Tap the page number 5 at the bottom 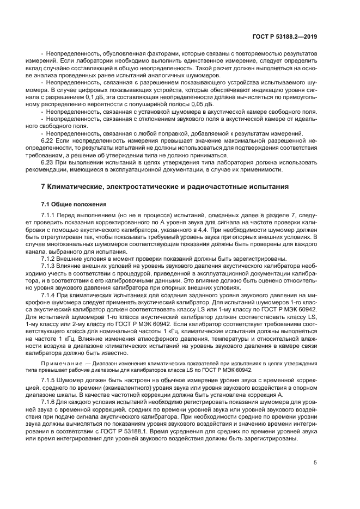click(x=315, y=463)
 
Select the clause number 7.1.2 click(x=49, y=259)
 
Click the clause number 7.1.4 click(x=49, y=294)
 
